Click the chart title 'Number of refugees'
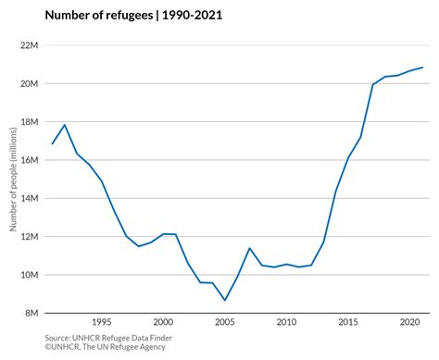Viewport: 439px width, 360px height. point(99,15)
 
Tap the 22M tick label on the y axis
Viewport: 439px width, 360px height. point(30,45)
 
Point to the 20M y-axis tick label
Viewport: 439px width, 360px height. point(30,84)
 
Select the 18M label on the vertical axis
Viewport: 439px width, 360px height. point(30,122)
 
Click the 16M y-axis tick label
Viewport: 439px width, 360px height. point(30,160)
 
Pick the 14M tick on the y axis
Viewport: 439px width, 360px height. point(30,198)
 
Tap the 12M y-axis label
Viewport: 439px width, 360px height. point(30,237)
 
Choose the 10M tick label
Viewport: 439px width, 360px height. point(30,275)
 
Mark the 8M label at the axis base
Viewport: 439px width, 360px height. point(31,313)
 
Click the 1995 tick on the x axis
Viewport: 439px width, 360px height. point(102,322)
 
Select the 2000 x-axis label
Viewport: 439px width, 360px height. point(163,322)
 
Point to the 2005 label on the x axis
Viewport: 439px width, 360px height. point(225,322)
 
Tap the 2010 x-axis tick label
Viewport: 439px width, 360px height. point(286,322)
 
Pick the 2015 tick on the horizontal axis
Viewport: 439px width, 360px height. point(348,322)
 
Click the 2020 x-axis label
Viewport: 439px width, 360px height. point(410,322)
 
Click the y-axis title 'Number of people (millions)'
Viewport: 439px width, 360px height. point(13,180)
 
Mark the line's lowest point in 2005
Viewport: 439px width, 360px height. point(225,300)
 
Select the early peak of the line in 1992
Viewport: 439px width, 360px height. point(65,125)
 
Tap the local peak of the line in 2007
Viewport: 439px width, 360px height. point(249,248)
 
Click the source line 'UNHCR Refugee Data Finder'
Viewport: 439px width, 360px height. point(122,338)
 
